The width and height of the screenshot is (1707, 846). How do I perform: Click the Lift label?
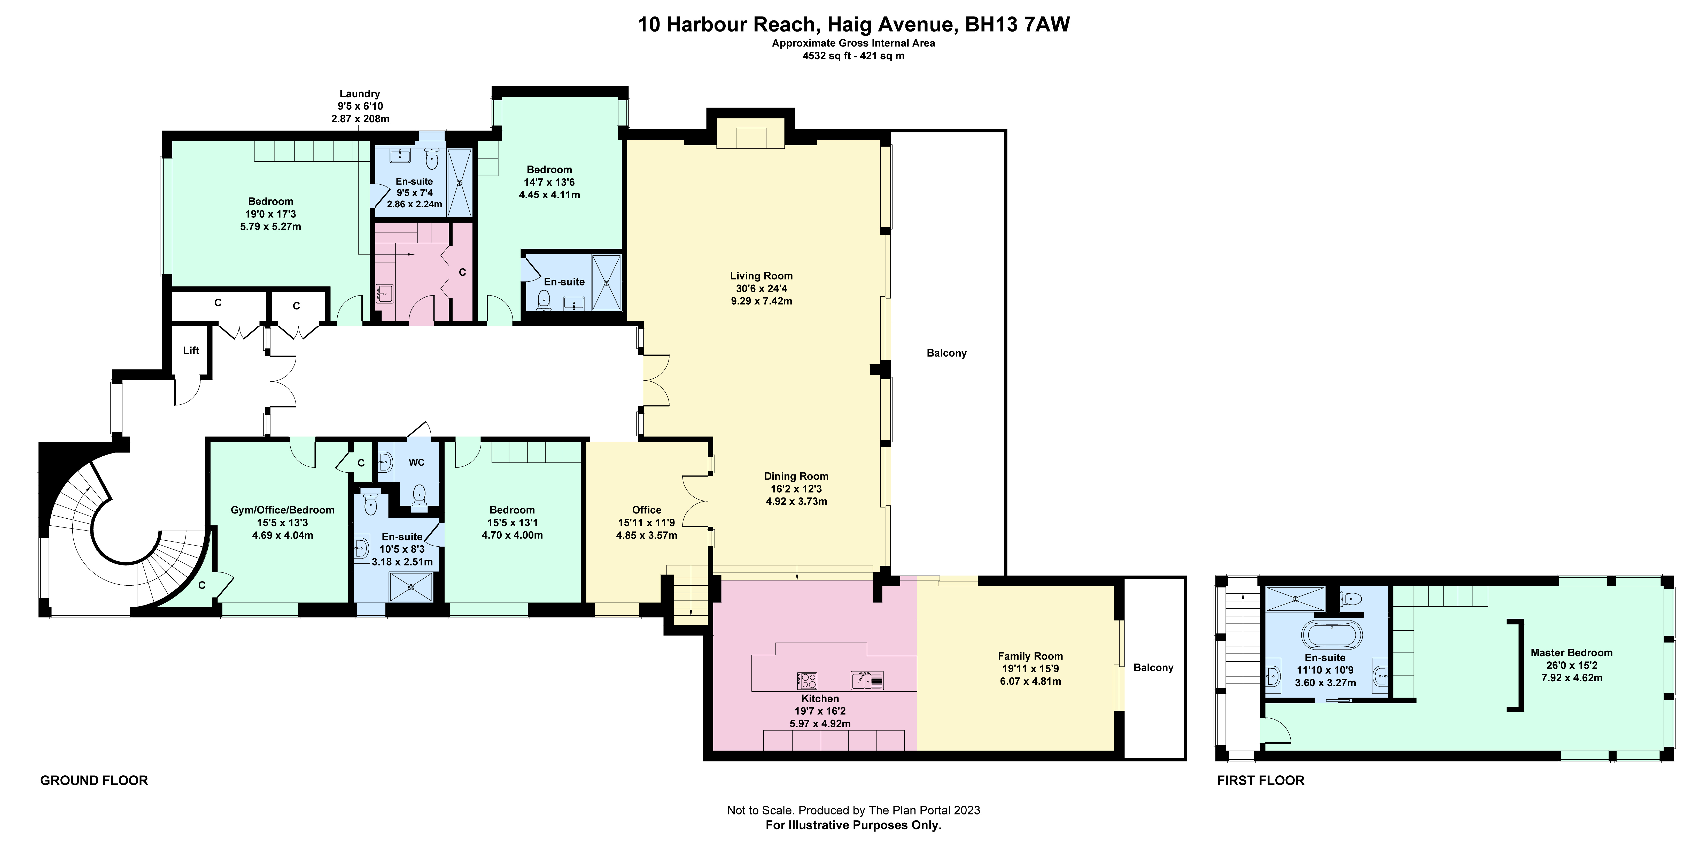coord(191,350)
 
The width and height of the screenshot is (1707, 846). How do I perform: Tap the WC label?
coord(416,462)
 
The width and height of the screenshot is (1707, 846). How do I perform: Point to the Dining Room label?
coord(796,476)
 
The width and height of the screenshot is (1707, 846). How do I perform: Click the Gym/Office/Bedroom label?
coord(282,510)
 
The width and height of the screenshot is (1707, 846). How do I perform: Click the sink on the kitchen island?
coord(867,680)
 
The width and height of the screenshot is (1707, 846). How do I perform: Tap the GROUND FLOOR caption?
coord(94,780)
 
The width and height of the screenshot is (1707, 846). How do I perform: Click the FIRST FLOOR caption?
coord(1260,780)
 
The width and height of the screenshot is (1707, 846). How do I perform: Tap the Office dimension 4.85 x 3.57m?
coord(646,535)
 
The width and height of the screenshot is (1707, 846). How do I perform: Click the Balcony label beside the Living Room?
coord(946,353)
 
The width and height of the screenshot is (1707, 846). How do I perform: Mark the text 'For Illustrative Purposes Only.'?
coord(854,826)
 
